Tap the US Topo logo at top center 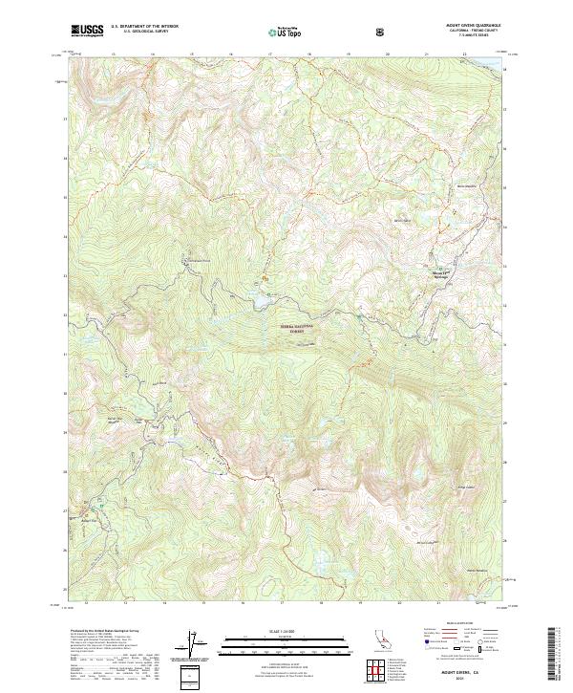[283, 32]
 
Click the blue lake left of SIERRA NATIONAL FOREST [258, 304]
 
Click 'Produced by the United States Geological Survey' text [101, 632]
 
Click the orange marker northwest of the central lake [265, 279]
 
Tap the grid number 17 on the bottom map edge [284, 604]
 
